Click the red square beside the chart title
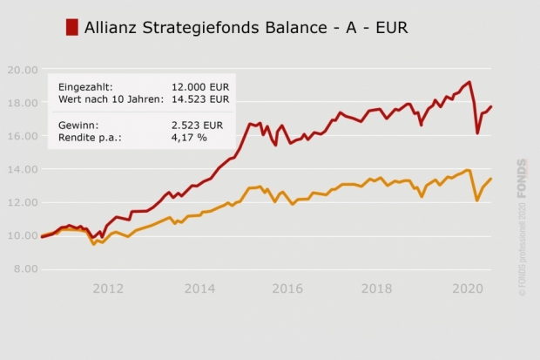tap(72, 27)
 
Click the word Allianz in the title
tap(110, 28)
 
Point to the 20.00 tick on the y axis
tap(22, 70)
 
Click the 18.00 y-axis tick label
tap(22, 103)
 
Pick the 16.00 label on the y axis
tap(22, 136)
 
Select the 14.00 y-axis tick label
tap(22, 169)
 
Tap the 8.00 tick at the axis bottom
tap(25, 269)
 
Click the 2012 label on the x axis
tap(108, 289)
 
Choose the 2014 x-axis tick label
tap(199, 289)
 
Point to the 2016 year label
tap(287, 289)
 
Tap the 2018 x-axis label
tap(377, 289)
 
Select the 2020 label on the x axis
tap(467, 289)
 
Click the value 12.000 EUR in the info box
tap(202, 87)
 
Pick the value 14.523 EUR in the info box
tap(202, 98)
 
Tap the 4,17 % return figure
tap(190, 137)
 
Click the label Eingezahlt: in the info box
tap(85, 87)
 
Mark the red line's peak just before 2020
tap(469, 83)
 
